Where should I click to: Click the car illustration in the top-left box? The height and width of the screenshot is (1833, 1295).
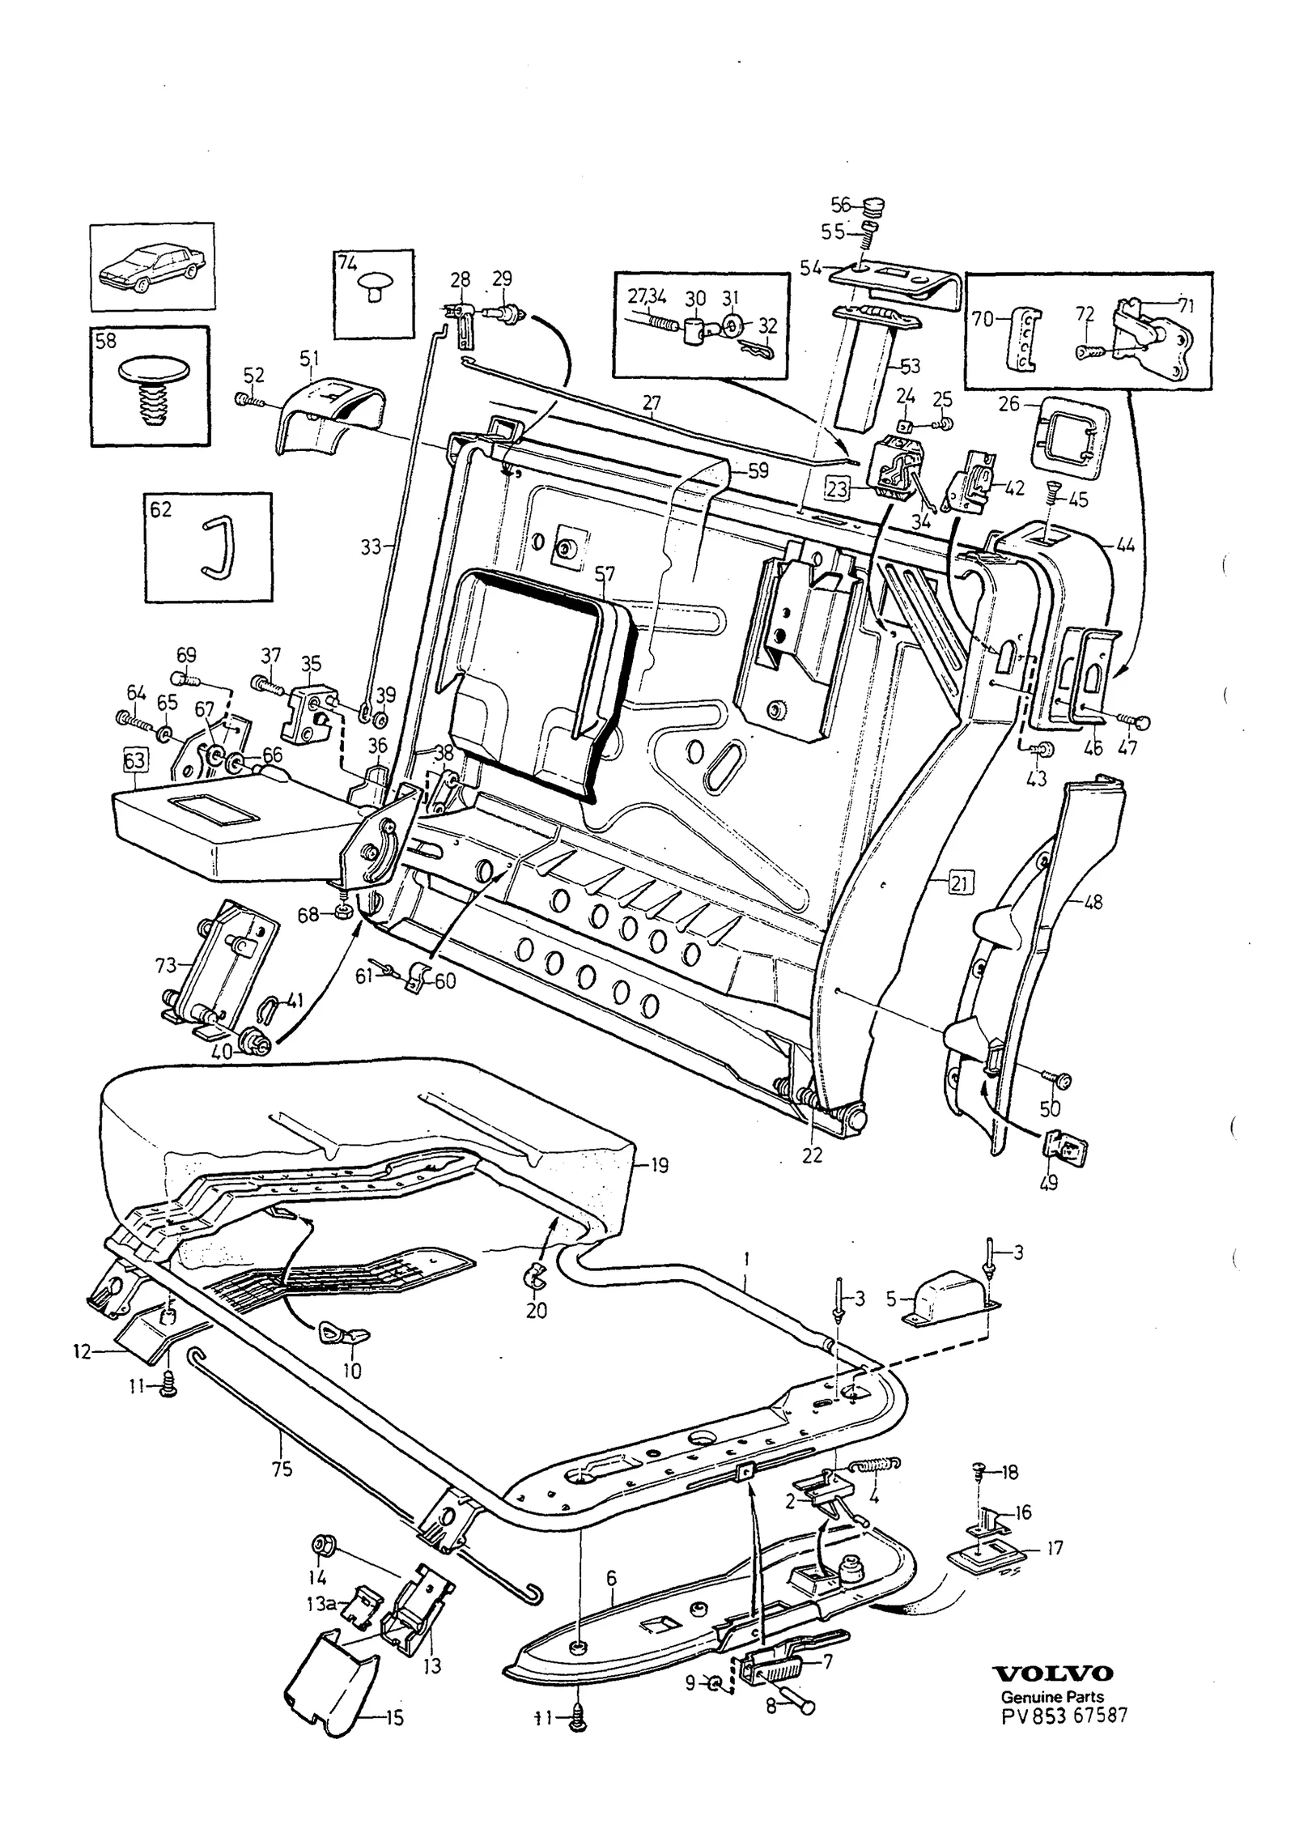(152, 265)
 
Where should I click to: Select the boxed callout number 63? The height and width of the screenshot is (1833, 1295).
(134, 761)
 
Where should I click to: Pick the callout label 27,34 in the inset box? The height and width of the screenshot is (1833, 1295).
(647, 297)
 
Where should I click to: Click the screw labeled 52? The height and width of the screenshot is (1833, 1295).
(247, 400)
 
